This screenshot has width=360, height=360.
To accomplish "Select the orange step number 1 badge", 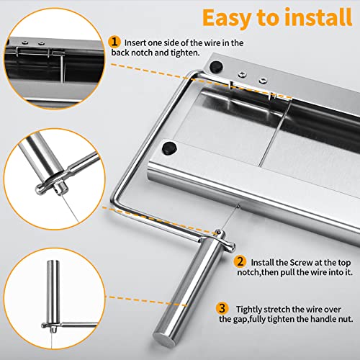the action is tap(114, 42).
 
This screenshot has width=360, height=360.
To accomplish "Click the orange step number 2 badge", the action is tap(240, 262).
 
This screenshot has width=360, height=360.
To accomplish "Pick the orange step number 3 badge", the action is tap(222, 308).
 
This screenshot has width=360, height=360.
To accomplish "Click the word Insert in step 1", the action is tap(135, 43).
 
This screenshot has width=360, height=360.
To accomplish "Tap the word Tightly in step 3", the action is tap(250, 310).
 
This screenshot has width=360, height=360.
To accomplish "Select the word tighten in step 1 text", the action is tap(184, 53).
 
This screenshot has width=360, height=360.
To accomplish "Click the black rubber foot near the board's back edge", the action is tap(216, 66).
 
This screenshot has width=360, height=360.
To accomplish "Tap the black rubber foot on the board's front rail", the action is tap(169, 148).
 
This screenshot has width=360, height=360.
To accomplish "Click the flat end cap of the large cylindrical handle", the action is tap(164, 340).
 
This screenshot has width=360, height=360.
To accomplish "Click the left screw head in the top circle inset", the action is tap(25, 42).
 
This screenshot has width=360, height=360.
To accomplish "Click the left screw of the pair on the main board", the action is tap(243, 75).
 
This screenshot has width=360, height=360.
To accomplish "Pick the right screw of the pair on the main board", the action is tap(263, 80).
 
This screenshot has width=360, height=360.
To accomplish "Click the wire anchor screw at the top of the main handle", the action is tap(218, 232).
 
